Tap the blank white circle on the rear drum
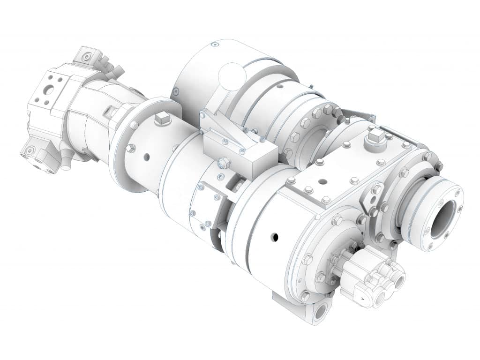click(232, 76)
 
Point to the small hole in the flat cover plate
click(323, 180)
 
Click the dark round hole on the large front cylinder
click(276, 237)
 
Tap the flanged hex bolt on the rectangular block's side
click(224, 163)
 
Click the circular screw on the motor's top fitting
click(87, 57)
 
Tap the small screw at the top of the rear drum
click(214, 45)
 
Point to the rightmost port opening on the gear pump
click(399, 281)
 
